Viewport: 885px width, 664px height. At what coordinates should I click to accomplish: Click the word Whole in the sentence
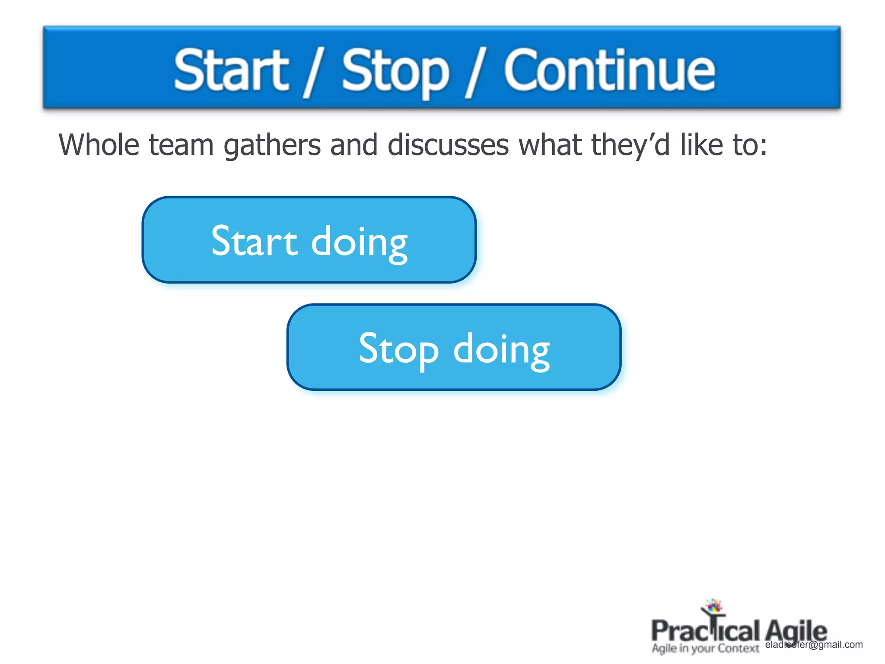click(99, 144)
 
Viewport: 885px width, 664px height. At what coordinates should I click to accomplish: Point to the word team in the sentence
click(181, 145)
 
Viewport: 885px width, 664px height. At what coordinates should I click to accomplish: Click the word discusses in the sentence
click(448, 144)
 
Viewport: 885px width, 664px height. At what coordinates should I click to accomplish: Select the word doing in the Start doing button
click(359, 243)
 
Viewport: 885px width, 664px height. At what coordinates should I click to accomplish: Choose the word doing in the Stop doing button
click(501, 350)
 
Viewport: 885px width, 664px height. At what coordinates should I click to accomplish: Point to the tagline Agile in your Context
click(705, 648)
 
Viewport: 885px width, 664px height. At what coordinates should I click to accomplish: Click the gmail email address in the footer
click(814, 645)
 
